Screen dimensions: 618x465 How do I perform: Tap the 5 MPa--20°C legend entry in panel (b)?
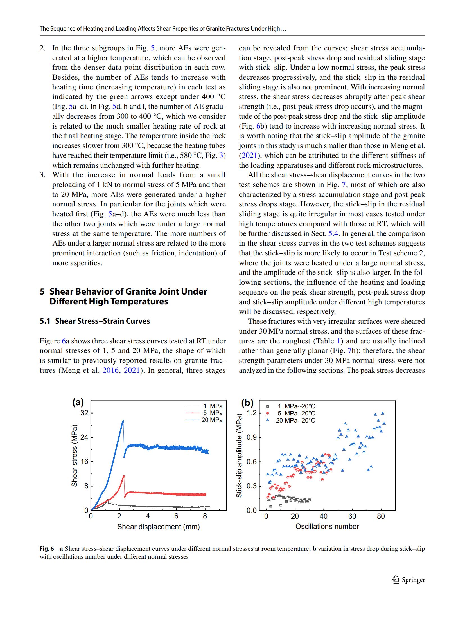pos(296,413)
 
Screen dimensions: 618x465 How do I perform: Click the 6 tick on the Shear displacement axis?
pos(176,516)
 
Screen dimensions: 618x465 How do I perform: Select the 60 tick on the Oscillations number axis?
pos(352,516)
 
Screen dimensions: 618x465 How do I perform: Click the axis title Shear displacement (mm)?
pos(158,527)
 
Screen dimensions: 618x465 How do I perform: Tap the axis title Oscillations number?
pos(327,526)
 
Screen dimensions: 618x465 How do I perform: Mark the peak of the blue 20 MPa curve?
pos(123,421)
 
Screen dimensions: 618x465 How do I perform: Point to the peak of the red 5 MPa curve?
pos(124,476)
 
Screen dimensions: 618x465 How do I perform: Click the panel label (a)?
pos(78,403)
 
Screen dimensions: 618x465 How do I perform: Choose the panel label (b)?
pos(247,403)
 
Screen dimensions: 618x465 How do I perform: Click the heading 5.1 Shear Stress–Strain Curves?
pos(95,321)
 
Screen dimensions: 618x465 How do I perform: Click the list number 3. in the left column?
pos(42,175)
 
